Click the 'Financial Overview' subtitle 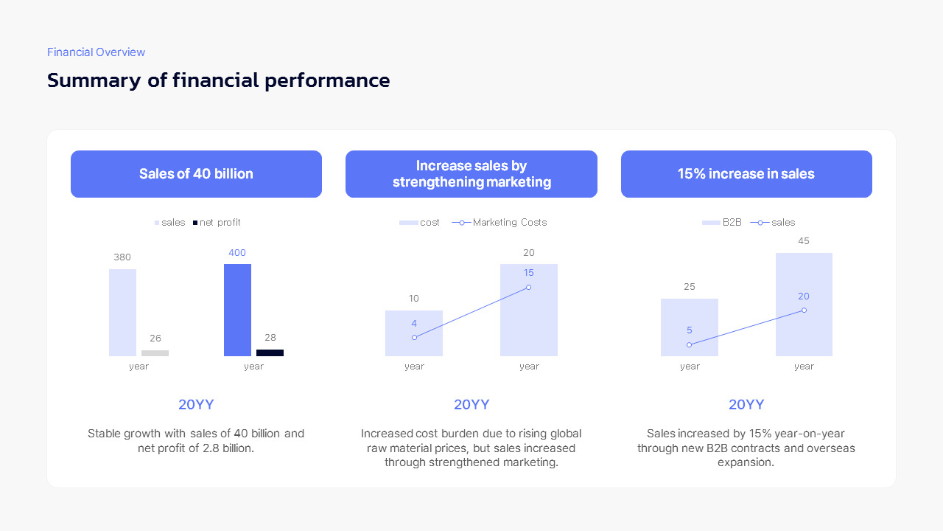point(96,52)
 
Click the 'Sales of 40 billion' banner point(196,174)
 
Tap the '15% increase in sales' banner point(746,174)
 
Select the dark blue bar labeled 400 point(237,310)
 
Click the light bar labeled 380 point(122,313)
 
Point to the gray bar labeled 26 point(155,353)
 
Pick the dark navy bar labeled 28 point(270,353)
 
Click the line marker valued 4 point(414,338)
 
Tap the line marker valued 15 point(529,288)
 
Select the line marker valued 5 point(690,345)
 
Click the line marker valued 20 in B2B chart point(804,310)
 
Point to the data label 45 point(804,241)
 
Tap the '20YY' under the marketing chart point(471,405)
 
